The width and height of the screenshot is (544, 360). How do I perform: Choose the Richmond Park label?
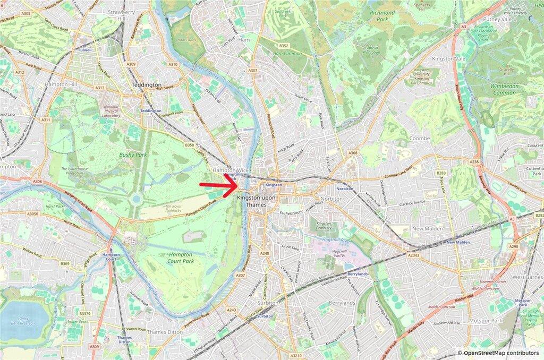click(x=383, y=16)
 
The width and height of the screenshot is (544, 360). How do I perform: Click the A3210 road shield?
click(x=296, y=355)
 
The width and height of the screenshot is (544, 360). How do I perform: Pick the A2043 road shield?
click(x=414, y=255)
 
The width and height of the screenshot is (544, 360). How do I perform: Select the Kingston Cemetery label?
click(x=324, y=227)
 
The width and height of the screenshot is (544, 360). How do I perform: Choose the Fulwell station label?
click(x=85, y=50)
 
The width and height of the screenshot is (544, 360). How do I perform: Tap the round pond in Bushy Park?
click(x=137, y=199)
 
